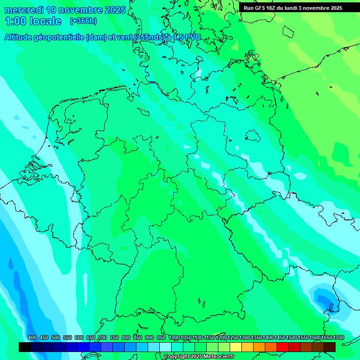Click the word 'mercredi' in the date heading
tap(24, 10)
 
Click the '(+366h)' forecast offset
tap(83, 21)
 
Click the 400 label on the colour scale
tap(32, 338)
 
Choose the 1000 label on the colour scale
tap(174, 338)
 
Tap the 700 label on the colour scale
tap(103, 338)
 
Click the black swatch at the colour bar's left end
tap(25, 347)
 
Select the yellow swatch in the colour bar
tap(236, 347)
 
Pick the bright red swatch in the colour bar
tap(283, 347)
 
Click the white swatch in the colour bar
tap(165, 347)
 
